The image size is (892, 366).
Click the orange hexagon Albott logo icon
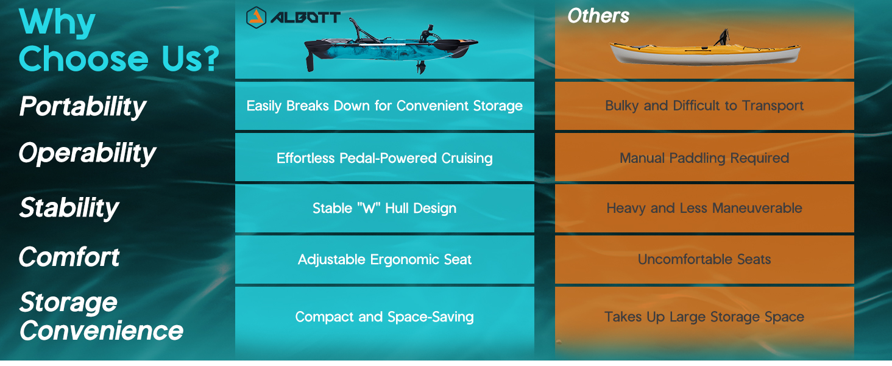[x=256, y=18]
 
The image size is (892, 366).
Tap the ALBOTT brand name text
[x=305, y=18]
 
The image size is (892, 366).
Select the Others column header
[x=598, y=16]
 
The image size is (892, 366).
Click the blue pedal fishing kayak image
[x=391, y=47]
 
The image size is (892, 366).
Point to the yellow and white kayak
[x=705, y=50]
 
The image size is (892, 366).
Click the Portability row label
[x=83, y=107]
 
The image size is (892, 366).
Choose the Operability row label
[x=87, y=154]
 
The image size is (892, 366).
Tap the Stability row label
[x=69, y=208]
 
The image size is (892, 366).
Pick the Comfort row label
[x=69, y=257]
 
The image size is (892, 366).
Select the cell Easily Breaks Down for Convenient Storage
[x=384, y=106]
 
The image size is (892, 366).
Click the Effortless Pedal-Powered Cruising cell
[x=384, y=158]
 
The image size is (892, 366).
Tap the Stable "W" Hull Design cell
[x=384, y=208]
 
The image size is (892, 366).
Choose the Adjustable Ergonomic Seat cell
[x=384, y=259]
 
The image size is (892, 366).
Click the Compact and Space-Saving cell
[x=384, y=317]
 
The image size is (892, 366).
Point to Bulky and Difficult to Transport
[x=704, y=106]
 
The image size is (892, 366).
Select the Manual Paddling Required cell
[x=704, y=158]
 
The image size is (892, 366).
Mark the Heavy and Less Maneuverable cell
[x=704, y=208]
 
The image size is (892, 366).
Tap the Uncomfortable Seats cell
[x=704, y=259]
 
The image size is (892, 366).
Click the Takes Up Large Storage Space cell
[x=704, y=317]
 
